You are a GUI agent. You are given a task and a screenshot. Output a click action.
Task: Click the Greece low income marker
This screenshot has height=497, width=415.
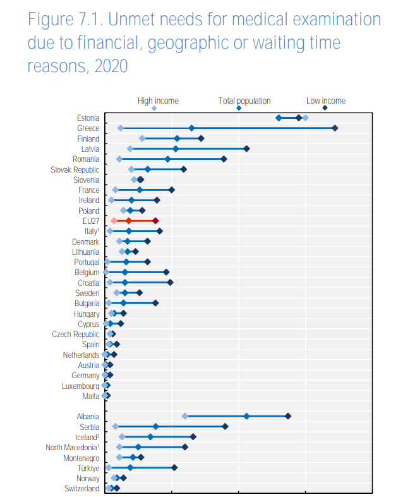click(335, 128)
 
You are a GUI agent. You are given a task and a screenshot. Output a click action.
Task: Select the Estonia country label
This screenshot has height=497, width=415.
click(88, 118)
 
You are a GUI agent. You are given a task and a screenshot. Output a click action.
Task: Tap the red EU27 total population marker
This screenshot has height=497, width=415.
click(128, 221)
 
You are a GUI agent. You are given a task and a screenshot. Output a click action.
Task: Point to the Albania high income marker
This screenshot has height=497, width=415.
click(184, 416)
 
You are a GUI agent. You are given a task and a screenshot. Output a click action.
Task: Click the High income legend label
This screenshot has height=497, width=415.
click(158, 101)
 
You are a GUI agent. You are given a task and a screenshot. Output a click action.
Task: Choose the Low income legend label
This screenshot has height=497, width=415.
click(325, 101)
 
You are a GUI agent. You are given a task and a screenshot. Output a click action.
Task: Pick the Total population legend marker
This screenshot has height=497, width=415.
click(239, 109)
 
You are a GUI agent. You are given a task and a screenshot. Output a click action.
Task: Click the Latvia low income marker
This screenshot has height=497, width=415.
click(246, 149)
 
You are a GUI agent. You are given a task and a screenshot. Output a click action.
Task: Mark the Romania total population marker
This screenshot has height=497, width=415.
click(167, 159)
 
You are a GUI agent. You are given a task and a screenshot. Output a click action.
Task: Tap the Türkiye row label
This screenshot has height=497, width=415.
click(88, 468)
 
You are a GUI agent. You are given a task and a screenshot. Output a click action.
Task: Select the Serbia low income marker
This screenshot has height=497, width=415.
click(225, 427)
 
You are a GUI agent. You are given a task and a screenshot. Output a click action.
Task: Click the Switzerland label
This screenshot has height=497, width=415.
click(81, 489)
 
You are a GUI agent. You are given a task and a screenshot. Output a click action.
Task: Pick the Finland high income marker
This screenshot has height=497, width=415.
click(142, 138)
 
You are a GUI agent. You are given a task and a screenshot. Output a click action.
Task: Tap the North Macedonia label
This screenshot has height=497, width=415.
click(72, 448)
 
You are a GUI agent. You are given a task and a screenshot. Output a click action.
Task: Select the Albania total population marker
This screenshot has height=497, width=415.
click(246, 416)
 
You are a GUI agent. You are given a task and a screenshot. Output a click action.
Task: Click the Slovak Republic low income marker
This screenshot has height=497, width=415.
click(184, 169)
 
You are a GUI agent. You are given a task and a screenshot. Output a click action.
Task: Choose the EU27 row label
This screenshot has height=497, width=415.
click(90, 221)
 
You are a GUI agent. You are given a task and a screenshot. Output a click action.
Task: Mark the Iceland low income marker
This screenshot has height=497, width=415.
click(193, 437)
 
